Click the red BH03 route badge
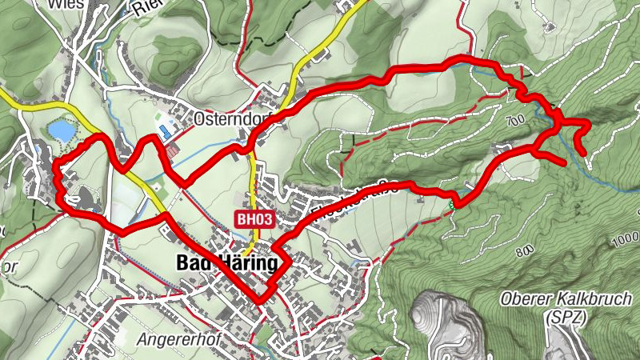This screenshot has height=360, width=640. tap(254, 218)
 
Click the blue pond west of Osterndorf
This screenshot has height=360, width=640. tap(58, 129)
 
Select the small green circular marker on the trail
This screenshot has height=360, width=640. tap(452, 206)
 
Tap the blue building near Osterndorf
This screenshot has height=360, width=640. tap(165, 130)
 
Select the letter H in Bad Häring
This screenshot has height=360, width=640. tap(217, 263)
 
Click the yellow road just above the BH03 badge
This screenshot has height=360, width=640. tap(253, 192)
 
